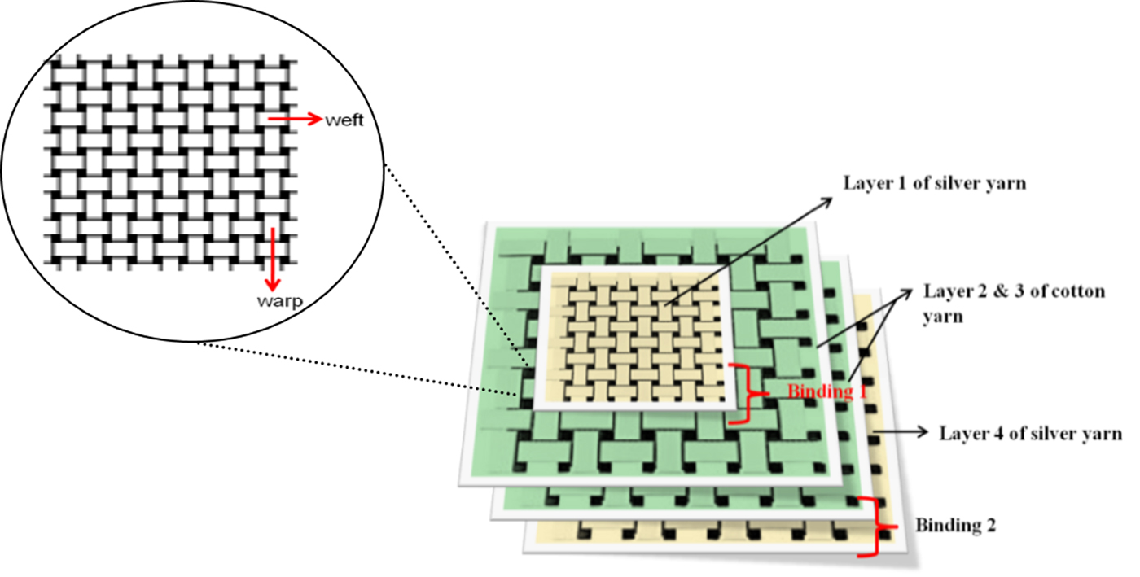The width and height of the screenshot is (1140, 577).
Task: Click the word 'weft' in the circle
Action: pos(343,120)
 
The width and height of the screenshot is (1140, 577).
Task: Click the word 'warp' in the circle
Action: pos(279,302)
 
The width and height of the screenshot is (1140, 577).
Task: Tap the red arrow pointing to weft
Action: pos(294,120)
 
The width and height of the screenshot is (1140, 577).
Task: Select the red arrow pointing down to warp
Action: pos(274,259)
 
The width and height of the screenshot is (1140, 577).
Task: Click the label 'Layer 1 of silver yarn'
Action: pos(933,183)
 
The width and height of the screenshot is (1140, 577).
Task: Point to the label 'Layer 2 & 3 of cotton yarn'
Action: pos(1013,303)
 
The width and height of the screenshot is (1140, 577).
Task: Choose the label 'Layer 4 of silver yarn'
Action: pos(1030,433)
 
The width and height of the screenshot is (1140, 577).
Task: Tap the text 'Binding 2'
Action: pos(955,525)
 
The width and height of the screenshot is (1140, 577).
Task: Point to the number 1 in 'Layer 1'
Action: pos(890,183)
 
